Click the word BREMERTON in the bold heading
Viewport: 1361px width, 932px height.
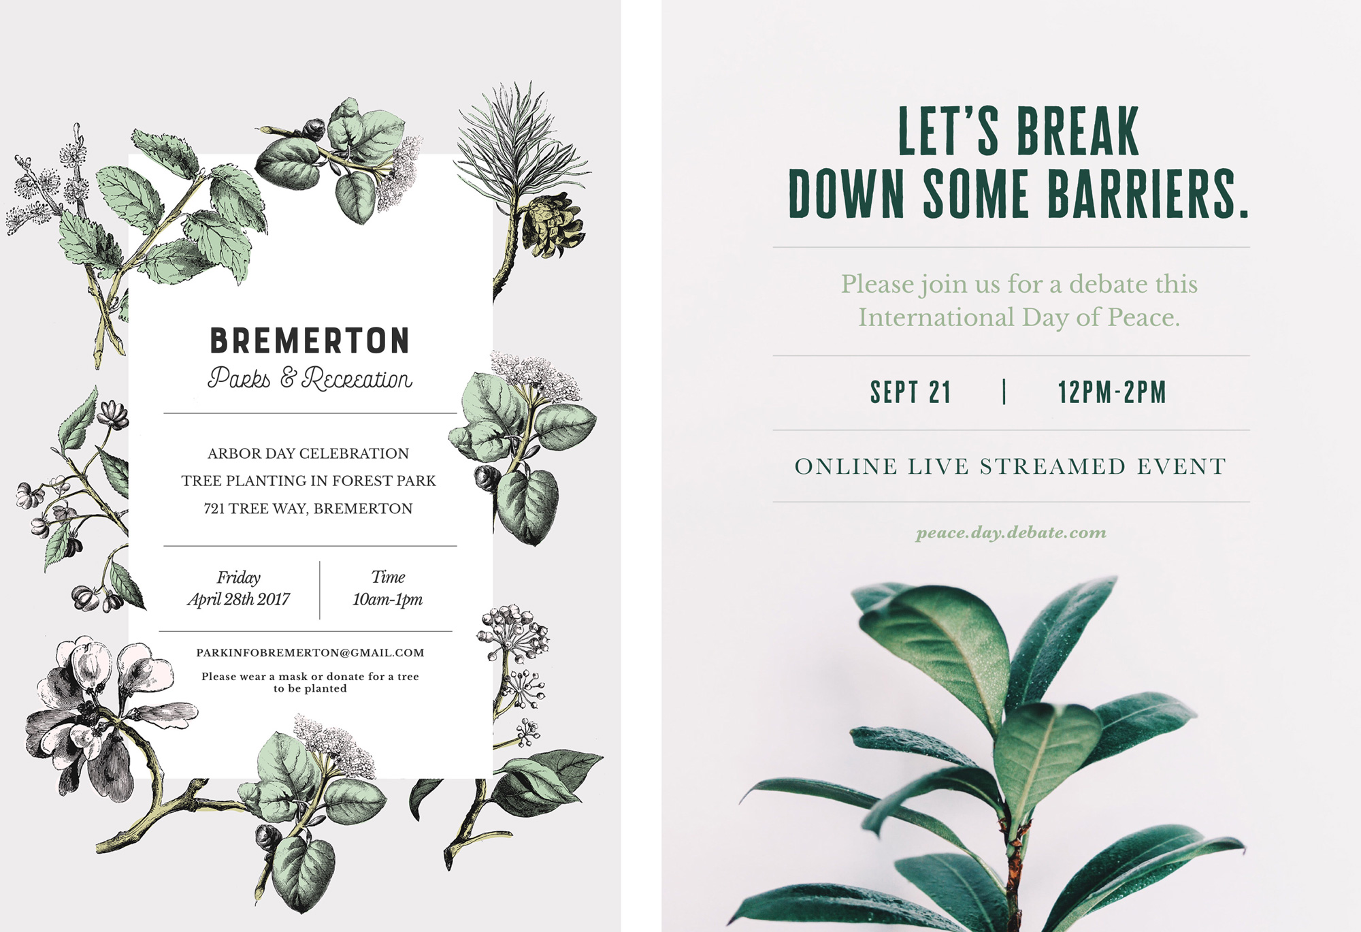click(310, 340)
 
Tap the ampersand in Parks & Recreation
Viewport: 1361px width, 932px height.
click(289, 379)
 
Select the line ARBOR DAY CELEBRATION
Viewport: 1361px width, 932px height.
click(308, 453)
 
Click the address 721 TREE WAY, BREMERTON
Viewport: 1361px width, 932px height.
click(308, 509)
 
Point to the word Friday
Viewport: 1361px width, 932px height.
click(238, 578)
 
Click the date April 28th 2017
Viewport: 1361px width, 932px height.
click(238, 600)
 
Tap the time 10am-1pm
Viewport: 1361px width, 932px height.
click(387, 600)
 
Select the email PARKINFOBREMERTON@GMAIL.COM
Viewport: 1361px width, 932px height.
click(310, 653)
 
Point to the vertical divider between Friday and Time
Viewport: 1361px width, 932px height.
click(320, 590)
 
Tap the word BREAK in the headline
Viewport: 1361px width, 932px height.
click(1078, 131)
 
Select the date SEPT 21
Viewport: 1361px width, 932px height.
click(911, 392)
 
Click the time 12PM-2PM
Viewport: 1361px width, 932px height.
click(1112, 392)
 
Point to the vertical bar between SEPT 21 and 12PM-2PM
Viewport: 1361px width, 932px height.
click(1004, 391)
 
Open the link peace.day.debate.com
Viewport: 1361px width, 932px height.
click(1011, 532)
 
